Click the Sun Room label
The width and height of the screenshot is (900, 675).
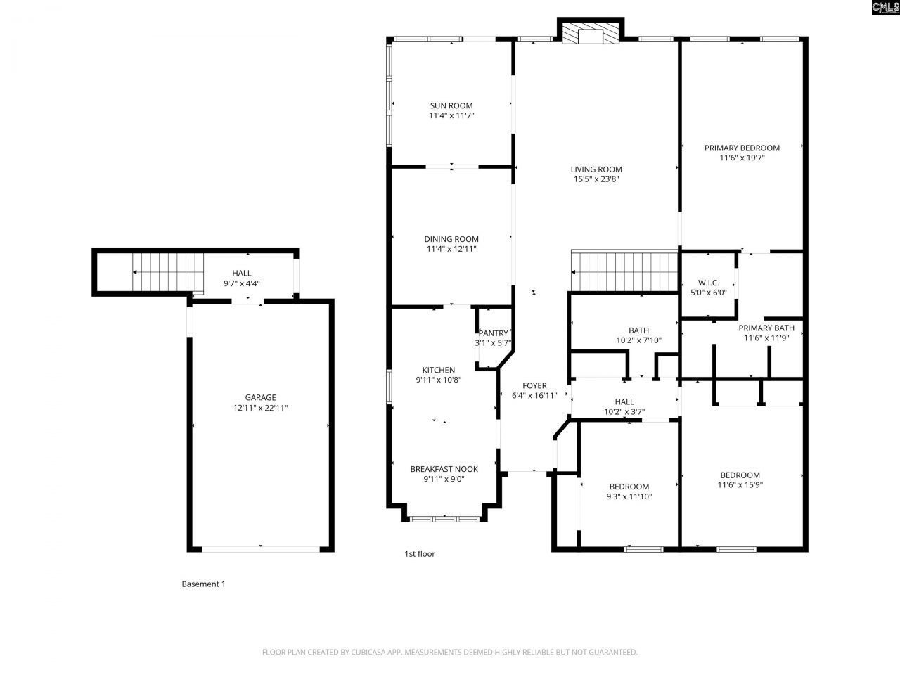point(451,105)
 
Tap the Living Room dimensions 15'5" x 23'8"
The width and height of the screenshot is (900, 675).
point(596,179)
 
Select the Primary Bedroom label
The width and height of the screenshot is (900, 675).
point(742,148)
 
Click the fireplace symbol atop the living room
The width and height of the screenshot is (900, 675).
point(590,33)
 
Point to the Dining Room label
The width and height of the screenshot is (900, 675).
point(451,239)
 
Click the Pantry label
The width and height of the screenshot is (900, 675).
point(493,333)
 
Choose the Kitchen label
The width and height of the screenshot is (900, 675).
point(438,370)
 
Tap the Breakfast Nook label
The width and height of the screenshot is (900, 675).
point(444,469)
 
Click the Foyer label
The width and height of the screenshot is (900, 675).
point(534,385)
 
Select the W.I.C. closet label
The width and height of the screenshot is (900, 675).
point(708,283)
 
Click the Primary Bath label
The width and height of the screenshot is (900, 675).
point(766,328)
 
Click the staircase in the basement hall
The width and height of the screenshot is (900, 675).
point(167,272)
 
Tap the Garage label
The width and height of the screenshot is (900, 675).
point(260,397)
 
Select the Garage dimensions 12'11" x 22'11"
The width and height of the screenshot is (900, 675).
point(260,408)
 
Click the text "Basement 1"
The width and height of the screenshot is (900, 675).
point(203,584)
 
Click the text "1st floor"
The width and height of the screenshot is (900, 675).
point(419,553)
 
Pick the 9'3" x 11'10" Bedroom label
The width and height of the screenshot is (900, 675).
point(629,487)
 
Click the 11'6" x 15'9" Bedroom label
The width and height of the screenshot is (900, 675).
point(740,475)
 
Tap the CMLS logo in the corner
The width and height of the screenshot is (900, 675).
point(884,8)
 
